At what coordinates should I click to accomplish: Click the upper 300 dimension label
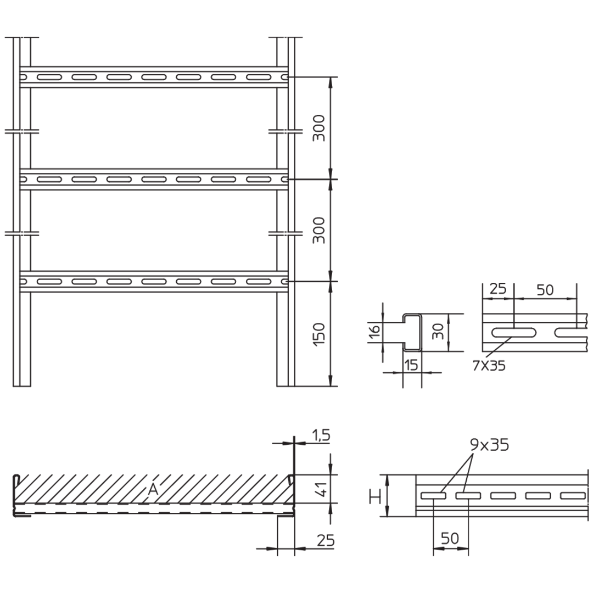[x=319, y=128]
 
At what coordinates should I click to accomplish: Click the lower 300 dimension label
[x=319, y=230]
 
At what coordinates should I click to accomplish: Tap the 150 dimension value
[x=319, y=334]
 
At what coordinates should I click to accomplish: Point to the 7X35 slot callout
[x=489, y=366]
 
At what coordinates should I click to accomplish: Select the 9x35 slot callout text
[x=489, y=445]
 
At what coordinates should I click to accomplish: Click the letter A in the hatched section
[x=153, y=489]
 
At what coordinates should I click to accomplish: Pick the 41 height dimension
[x=323, y=489]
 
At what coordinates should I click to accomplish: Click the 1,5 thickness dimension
[x=321, y=435]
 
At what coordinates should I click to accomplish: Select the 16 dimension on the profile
[x=374, y=332]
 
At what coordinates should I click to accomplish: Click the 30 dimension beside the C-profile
[x=438, y=332]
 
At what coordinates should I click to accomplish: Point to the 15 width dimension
[x=411, y=365]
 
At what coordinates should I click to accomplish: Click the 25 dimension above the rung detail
[x=497, y=289]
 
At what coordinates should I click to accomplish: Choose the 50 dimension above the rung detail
[x=545, y=290]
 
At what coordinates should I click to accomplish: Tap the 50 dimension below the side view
[x=450, y=538]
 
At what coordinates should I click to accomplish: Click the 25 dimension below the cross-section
[x=326, y=541]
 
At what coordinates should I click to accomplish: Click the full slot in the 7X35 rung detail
[x=513, y=333]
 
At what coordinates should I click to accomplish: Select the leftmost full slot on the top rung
[x=49, y=77]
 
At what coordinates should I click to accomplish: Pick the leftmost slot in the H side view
[x=433, y=495]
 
